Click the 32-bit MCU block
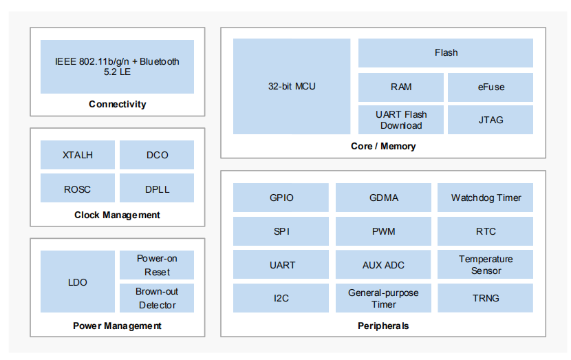(x=292, y=86)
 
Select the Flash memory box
(x=446, y=53)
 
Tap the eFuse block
(x=491, y=87)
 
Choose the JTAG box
(x=491, y=120)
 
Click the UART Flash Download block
(x=401, y=120)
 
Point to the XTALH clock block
(x=78, y=155)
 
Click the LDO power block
(x=78, y=282)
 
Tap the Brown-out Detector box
(x=157, y=298)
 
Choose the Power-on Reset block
(x=157, y=265)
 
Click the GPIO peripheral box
(x=281, y=198)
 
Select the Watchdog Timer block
(x=486, y=198)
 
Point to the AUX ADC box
(x=383, y=264)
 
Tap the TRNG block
(x=486, y=298)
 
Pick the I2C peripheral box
(x=281, y=298)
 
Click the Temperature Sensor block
(x=486, y=264)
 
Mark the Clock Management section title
(x=117, y=215)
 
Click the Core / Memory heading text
(x=383, y=146)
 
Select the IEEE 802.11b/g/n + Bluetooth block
(x=117, y=67)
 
